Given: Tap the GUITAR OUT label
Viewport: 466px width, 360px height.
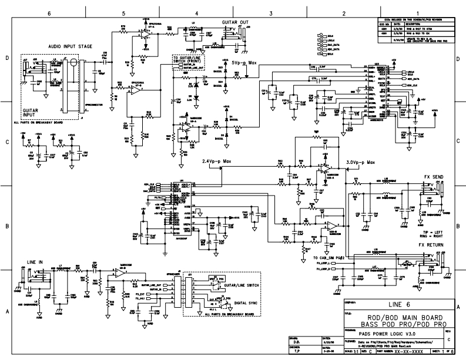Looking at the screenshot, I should point(234,22).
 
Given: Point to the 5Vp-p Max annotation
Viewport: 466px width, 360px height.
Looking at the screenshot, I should point(245,62).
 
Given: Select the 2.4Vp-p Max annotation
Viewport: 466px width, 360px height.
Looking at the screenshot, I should point(218,162).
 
